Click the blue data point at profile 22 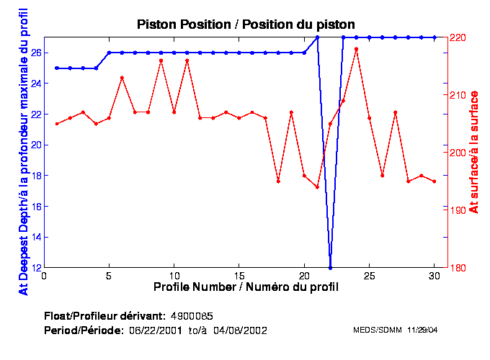[330, 268]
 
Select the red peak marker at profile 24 [356, 49]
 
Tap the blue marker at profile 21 [317, 37]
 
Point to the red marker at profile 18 [278, 181]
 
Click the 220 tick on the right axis [459, 37]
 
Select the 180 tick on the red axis [459, 268]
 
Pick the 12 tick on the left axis [35, 268]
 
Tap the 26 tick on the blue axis [35, 53]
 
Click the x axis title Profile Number [246, 287]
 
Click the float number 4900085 [192, 317]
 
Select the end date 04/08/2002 [243, 330]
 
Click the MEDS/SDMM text [372, 330]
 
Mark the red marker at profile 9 [161, 60]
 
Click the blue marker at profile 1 [57, 68]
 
